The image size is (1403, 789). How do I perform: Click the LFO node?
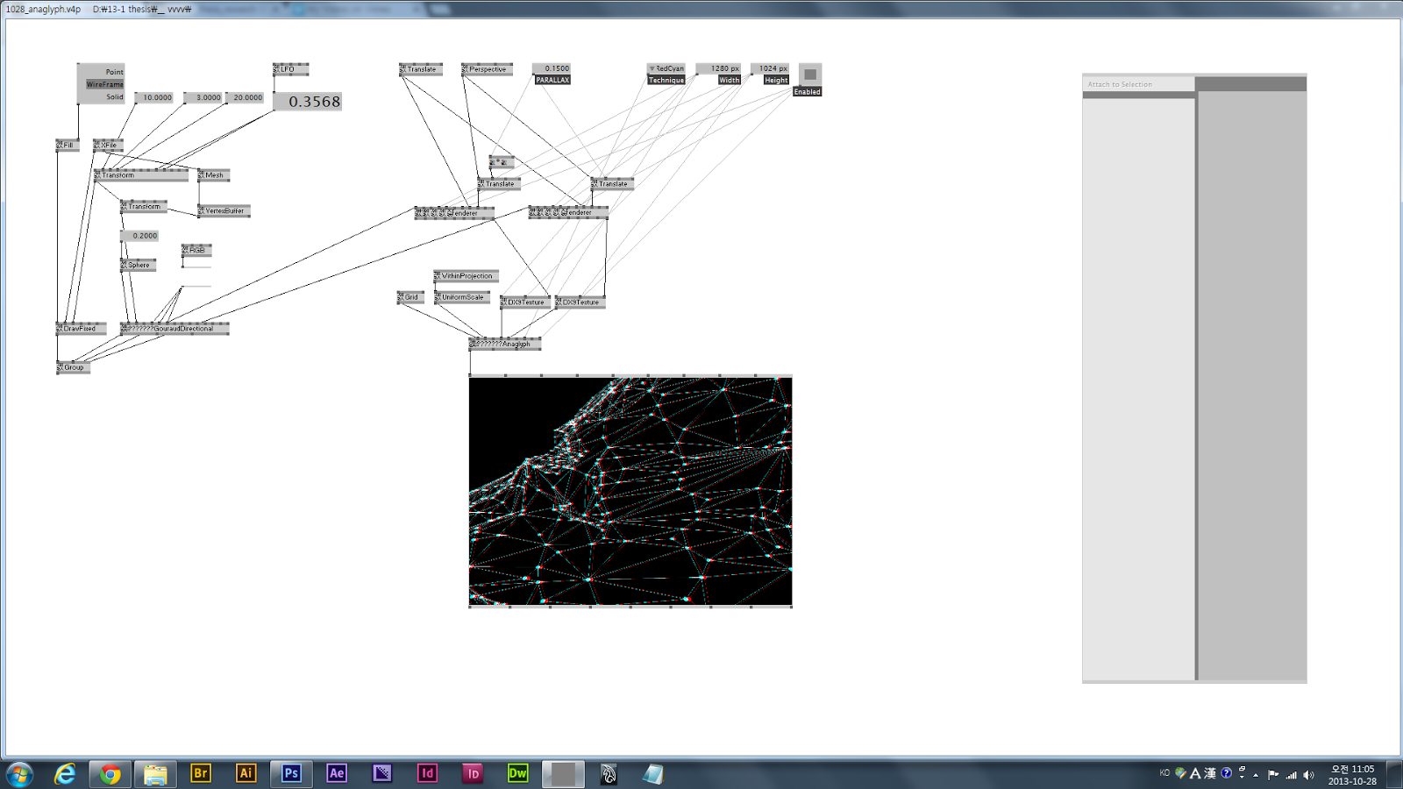[x=290, y=69]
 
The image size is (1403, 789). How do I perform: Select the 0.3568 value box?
[x=308, y=102]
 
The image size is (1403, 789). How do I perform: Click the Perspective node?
[x=487, y=69]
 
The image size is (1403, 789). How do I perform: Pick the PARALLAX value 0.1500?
[x=552, y=68]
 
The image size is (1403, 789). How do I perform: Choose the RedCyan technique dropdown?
[x=666, y=68]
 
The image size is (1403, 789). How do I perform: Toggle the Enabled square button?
[x=810, y=75]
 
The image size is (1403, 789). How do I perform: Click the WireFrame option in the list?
[x=104, y=84]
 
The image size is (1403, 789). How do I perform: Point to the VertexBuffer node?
[x=224, y=211]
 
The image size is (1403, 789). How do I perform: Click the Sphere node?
[x=139, y=265]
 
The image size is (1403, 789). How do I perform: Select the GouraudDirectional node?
[x=175, y=329]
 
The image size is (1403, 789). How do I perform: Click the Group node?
[x=74, y=367]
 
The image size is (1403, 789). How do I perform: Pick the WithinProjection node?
[x=466, y=276]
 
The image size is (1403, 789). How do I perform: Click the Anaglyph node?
[x=505, y=344]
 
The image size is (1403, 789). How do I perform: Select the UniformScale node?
[x=462, y=297]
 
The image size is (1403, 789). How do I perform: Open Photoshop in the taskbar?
[x=291, y=773]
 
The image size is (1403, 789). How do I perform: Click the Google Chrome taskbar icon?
[x=110, y=773]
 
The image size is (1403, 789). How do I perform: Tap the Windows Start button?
[x=19, y=774]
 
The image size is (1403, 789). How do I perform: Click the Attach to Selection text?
[x=1120, y=84]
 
